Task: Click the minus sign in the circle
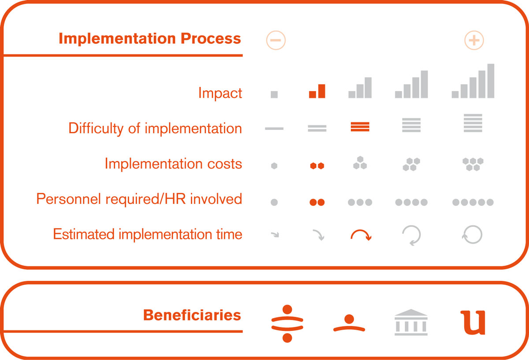tap(276, 40)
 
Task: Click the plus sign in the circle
tap(474, 40)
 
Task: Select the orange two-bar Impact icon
tap(317, 91)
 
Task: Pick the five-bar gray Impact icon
tap(473, 81)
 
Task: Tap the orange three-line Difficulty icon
tap(360, 127)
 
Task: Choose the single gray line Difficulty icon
tap(274, 128)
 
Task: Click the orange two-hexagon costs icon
tap(317, 166)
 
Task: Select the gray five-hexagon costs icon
tap(473, 164)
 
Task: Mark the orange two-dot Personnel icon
tap(317, 202)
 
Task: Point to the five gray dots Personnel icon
tap(473, 202)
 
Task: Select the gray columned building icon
tap(411, 322)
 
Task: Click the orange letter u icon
tap(473, 322)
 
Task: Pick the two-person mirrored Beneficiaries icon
tap(287, 323)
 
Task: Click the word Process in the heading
tap(211, 38)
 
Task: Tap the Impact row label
tap(220, 93)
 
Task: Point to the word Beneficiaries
tap(192, 315)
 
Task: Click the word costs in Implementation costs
tap(224, 164)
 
